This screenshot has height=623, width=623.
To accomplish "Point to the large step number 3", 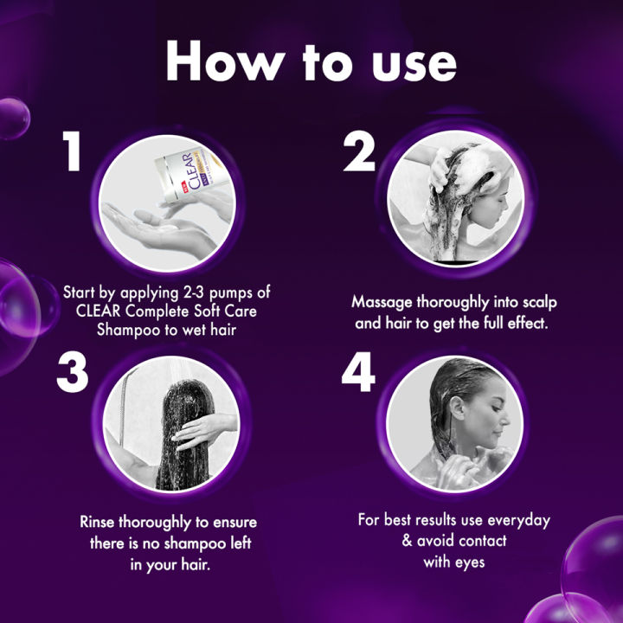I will point(74,373).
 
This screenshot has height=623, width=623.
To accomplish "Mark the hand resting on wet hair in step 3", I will point(197,428).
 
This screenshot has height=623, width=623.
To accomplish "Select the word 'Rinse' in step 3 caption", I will point(100,524).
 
